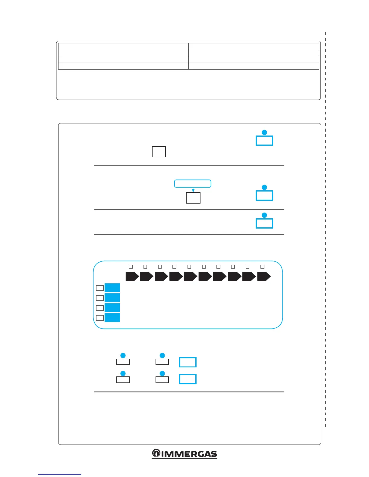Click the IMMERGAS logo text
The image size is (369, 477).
(189, 454)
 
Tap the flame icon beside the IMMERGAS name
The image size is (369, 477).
(156, 453)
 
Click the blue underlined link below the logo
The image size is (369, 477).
(60, 474)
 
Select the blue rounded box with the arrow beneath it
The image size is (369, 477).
(193, 183)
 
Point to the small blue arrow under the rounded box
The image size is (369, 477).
(193, 190)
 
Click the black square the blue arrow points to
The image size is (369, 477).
(193, 198)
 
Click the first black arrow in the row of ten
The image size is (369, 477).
(132, 276)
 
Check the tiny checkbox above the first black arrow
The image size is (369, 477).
(131, 267)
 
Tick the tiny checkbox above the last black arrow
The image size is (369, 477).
(262, 267)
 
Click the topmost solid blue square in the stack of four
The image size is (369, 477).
(112, 288)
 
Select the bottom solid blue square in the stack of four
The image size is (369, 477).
(112, 317)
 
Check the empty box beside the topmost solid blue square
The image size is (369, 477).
(99, 288)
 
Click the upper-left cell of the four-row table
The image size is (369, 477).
(123, 46)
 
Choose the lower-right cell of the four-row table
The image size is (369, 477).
(254, 66)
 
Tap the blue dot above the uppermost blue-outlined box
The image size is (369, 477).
(264, 132)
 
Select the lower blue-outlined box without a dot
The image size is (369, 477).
(188, 379)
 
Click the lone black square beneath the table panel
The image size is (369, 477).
(159, 151)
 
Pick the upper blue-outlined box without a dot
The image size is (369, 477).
(188, 362)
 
